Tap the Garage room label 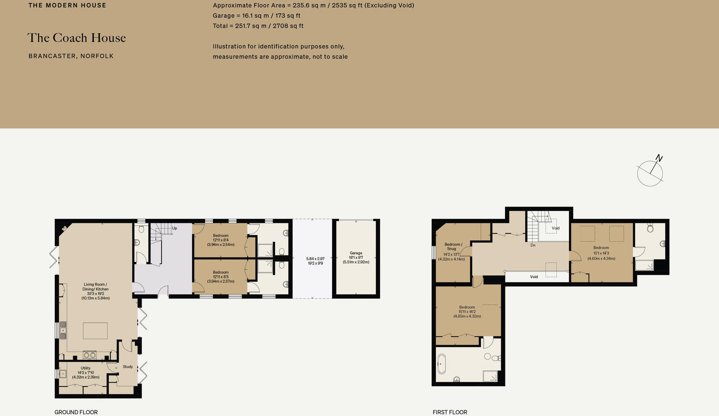coord(356,258)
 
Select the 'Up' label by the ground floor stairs coord(174,229)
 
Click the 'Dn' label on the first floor coord(533,245)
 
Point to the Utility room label coord(86,373)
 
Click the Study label coord(128,367)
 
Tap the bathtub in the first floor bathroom coord(441,364)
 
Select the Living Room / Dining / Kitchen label coord(95,291)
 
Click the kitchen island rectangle coord(95,331)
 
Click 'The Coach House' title coord(77,38)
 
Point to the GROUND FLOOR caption coord(76,412)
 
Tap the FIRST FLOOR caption coord(450,412)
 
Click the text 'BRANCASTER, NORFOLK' coord(71,56)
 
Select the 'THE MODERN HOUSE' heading coord(67,6)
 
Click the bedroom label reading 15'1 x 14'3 coord(601,253)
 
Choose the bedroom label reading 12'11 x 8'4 coord(221,240)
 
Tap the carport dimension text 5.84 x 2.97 coord(315,261)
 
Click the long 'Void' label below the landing coord(534,277)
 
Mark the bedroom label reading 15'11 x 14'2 coord(467,312)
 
